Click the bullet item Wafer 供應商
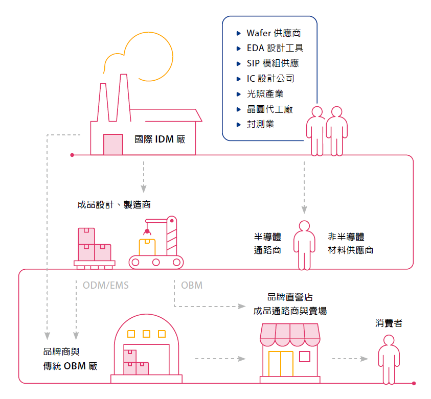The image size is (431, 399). point(273,33)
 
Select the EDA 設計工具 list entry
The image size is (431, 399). point(275,49)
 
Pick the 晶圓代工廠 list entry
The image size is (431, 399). point(269,109)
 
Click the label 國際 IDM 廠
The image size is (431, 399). point(160,138)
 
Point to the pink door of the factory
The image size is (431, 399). point(113,145)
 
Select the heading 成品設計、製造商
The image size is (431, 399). point(114,204)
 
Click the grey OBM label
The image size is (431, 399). point(192,286)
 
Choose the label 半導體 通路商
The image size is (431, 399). point(267,243)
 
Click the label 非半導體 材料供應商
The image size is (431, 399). point(350,243)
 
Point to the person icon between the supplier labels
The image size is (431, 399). point(304,244)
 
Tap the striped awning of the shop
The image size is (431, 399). point(289,333)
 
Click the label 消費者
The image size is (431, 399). point(389,323)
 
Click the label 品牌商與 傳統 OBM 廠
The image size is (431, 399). point(70,359)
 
